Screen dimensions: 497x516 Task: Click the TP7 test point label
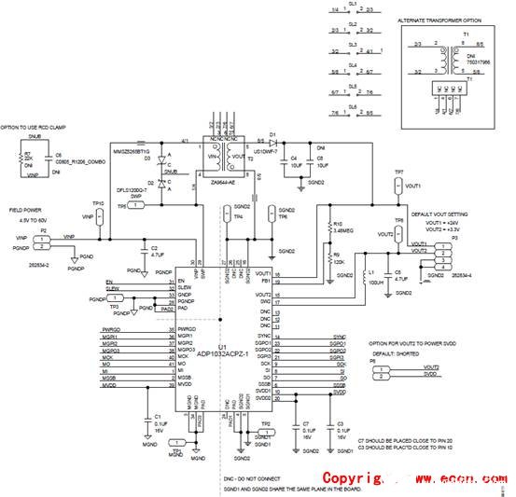pyautogui.click(x=398, y=173)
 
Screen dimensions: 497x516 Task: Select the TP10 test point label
pyautogui.click(x=97, y=202)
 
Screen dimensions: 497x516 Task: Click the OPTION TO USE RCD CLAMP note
pyautogui.click(x=38, y=126)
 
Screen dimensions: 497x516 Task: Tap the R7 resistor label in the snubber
pyautogui.click(x=28, y=153)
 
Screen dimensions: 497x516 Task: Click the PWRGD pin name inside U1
pyautogui.click(x=189, y=329)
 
